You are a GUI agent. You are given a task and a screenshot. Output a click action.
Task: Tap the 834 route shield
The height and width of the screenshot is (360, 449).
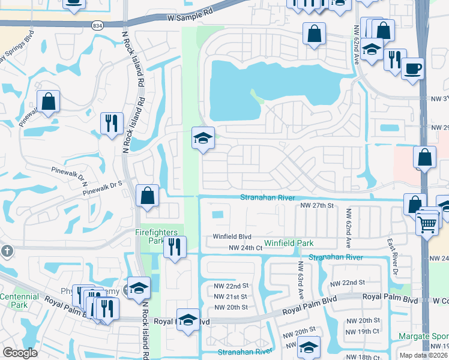pyautogui.click(x=98, y=26)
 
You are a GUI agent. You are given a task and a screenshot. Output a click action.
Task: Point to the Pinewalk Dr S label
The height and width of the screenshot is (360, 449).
pyautogui.click(x=102, y=188)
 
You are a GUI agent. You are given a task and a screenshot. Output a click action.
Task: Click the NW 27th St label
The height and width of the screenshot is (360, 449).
pyautogui.click(x=316, y=205)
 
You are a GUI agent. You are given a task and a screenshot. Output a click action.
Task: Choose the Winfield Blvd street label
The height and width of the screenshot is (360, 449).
pyautogui.click(x=232, y=237)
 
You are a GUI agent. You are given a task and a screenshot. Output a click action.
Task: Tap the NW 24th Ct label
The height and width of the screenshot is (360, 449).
pyautogui.click(x=246, y=247)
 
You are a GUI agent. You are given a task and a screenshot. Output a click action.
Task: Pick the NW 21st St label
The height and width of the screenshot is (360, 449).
pyautogui.click(x=231, y=297)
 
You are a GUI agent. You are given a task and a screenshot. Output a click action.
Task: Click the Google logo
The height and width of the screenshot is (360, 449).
pyautogui.click(x=20, y=353)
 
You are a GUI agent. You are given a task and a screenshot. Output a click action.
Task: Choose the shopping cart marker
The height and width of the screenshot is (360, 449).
pyautogui.click(x=427, y=224)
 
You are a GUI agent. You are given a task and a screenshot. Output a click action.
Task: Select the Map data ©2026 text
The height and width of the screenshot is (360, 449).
pyautogui.click(x=423, y=355)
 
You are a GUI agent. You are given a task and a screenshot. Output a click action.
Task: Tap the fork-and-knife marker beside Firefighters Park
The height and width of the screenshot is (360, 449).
pyautogui.click(x=175, y=246)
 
